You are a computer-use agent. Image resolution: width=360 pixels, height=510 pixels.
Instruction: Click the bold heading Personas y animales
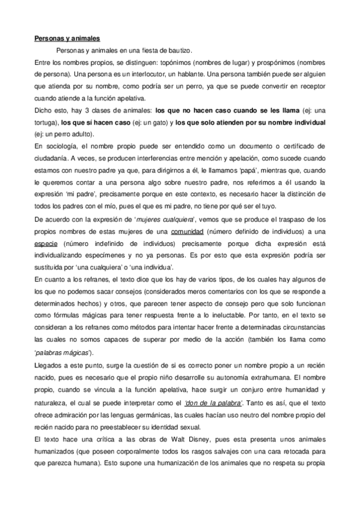(67, 40)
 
